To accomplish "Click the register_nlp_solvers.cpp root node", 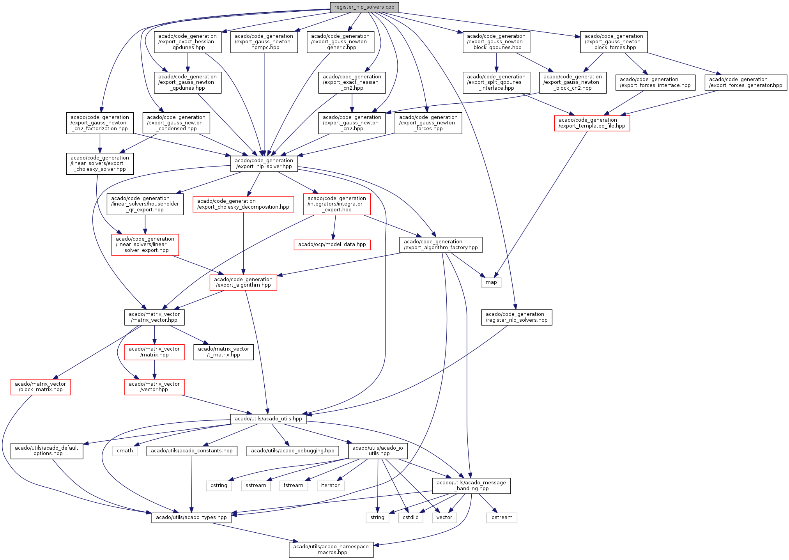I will (364, 7).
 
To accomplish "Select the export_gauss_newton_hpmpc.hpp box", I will (264, 42).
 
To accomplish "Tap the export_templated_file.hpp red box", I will (592, 123).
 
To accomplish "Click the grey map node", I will (491, 282).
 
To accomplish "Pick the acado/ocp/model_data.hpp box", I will (332, 245).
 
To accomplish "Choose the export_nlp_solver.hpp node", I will (264, 163).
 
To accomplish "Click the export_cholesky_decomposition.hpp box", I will (243, 204).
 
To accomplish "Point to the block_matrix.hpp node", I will (41, 386).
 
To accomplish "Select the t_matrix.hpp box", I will (223, 352).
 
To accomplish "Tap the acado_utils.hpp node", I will (268, 419).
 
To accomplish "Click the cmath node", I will (125, 451).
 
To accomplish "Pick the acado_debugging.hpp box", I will (292, 451).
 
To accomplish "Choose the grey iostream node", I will (501, 517).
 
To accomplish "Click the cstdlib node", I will (410, 517).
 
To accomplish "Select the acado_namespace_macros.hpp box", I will (331, 549).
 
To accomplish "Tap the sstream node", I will (256, 486).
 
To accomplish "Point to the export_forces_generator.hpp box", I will (745, 82).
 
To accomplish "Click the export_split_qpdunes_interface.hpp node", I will (496, 82).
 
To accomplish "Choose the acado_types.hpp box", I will (191, 517).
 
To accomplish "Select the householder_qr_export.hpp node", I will (145, 204).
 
